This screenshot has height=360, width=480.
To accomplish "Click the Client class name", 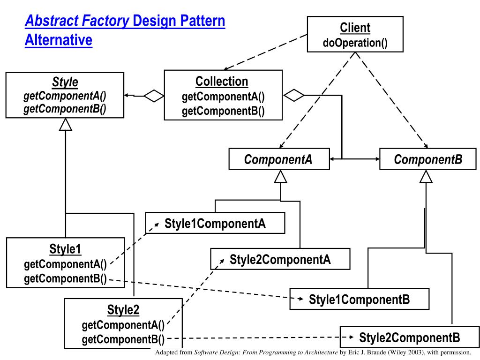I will coord(355,28).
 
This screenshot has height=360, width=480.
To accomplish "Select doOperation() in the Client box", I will coord(355,43).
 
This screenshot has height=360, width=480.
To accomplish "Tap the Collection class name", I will coord(222,82).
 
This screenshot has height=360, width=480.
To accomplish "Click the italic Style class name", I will coord(65,82).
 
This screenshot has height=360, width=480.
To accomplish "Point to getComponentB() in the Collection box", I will coord(223,111).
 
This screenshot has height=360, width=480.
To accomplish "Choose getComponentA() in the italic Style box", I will coord(65,96).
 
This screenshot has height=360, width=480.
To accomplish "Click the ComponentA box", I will coord(278,160).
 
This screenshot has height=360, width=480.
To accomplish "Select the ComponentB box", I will coord(428,160).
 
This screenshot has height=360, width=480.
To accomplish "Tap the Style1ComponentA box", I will coord(215,223).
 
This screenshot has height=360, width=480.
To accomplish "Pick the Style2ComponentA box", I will coord(280,260).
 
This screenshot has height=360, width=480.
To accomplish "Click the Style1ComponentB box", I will coord(360,300).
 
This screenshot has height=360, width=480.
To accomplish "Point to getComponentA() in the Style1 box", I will coord(65,265).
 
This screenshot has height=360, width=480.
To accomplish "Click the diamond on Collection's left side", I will coord(154,96).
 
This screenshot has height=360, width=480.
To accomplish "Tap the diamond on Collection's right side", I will coord(294,95).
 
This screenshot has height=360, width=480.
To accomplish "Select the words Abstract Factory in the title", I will coord(77,21).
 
